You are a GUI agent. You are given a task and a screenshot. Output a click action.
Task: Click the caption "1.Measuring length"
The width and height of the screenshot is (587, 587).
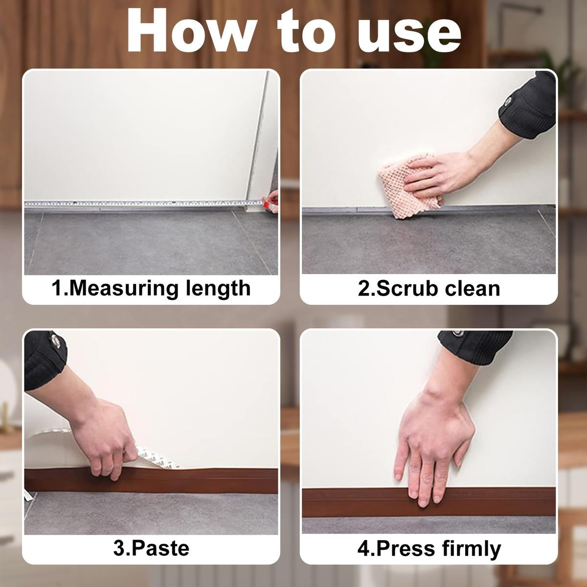[151, 288]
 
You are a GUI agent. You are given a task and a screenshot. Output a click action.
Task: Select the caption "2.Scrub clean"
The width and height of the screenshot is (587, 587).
[429, 288]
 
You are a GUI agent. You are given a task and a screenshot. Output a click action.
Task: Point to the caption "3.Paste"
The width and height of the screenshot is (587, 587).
[151, 547]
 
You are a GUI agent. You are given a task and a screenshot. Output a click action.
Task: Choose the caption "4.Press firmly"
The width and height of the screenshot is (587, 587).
[429, 548]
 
